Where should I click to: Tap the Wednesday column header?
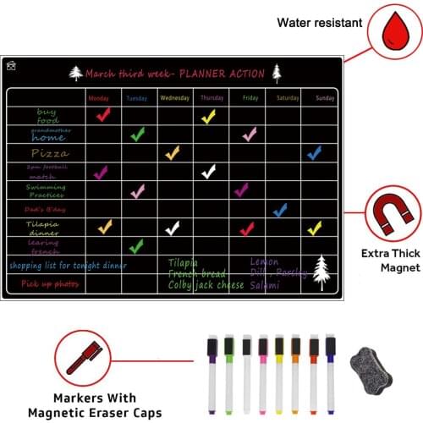[173, 98]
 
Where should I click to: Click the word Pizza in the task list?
[50, 153]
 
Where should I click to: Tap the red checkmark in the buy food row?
[103, 115]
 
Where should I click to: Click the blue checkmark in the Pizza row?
[314, 153]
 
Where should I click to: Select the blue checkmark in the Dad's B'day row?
[279, 209]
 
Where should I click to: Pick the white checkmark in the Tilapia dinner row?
[173, 228]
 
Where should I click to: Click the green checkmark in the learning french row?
[136, 245]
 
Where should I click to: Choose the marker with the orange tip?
[295, 372]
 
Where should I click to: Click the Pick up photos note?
[50, 284]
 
